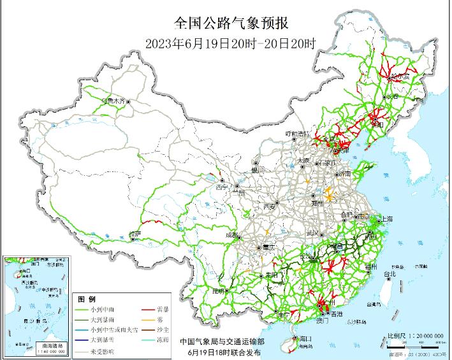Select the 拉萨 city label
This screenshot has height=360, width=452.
(x=134, y=234)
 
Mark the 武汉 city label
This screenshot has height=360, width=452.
(x=312, y=233)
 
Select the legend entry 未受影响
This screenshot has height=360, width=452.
(x=106, y=350)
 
